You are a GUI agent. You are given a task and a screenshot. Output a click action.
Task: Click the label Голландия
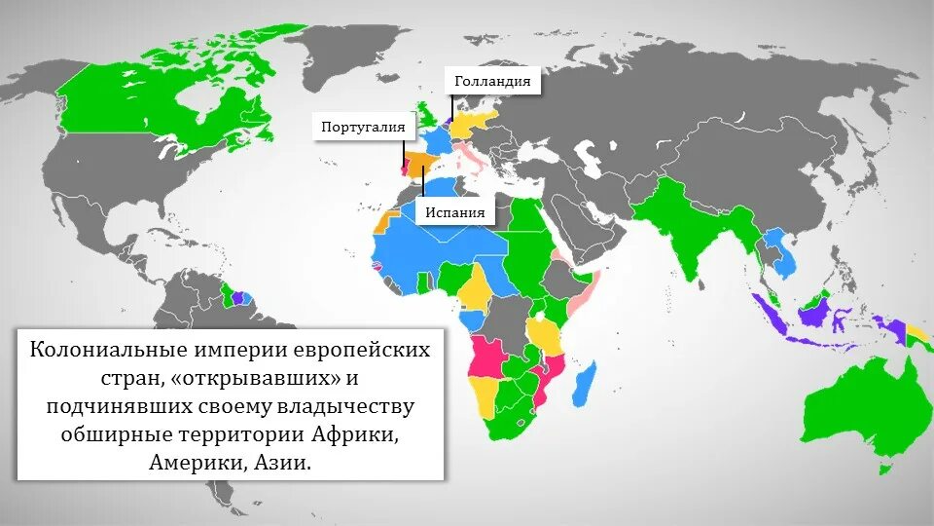492,82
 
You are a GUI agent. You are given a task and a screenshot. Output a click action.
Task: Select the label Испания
454,212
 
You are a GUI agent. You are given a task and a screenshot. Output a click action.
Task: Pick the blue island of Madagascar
582,382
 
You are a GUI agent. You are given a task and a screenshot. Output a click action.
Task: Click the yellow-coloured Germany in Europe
473,123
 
